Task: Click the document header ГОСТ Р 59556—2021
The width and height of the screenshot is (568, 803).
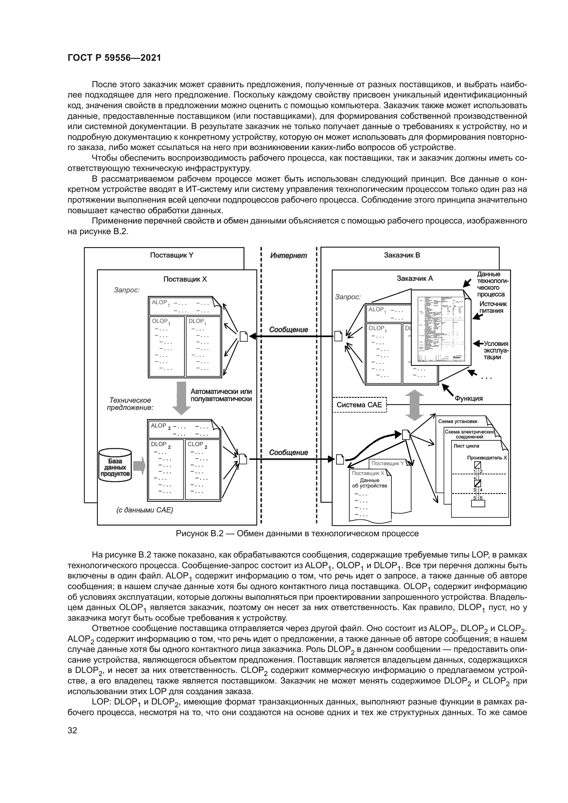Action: click(x=114, y=58)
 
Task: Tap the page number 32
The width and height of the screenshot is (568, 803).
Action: click(x=72, y=730)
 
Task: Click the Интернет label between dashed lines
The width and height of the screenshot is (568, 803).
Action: click(x=288, y=256)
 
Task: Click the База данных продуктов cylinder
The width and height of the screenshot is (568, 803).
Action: click(x=115, y=467)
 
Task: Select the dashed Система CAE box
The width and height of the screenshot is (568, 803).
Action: click(x=359, y=405)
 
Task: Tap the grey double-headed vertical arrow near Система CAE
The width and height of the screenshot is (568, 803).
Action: click(x=414, y=405)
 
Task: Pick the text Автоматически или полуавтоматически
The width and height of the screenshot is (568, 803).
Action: click(x=221, y=395)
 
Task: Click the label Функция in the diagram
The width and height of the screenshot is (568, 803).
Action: click(x=468, y=398)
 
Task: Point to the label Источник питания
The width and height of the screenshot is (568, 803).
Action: click(x=493, y=307)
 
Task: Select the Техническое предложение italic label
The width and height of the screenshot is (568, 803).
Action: click(x=130, y=404)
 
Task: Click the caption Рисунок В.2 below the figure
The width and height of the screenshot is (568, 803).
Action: click(x=297, y=534)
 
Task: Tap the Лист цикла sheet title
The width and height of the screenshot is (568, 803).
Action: click(x=466, y=446)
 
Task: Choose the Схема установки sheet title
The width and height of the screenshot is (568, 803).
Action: click(x=457, y=422)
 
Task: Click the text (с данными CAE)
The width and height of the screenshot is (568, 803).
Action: click(x=145, y=510)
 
